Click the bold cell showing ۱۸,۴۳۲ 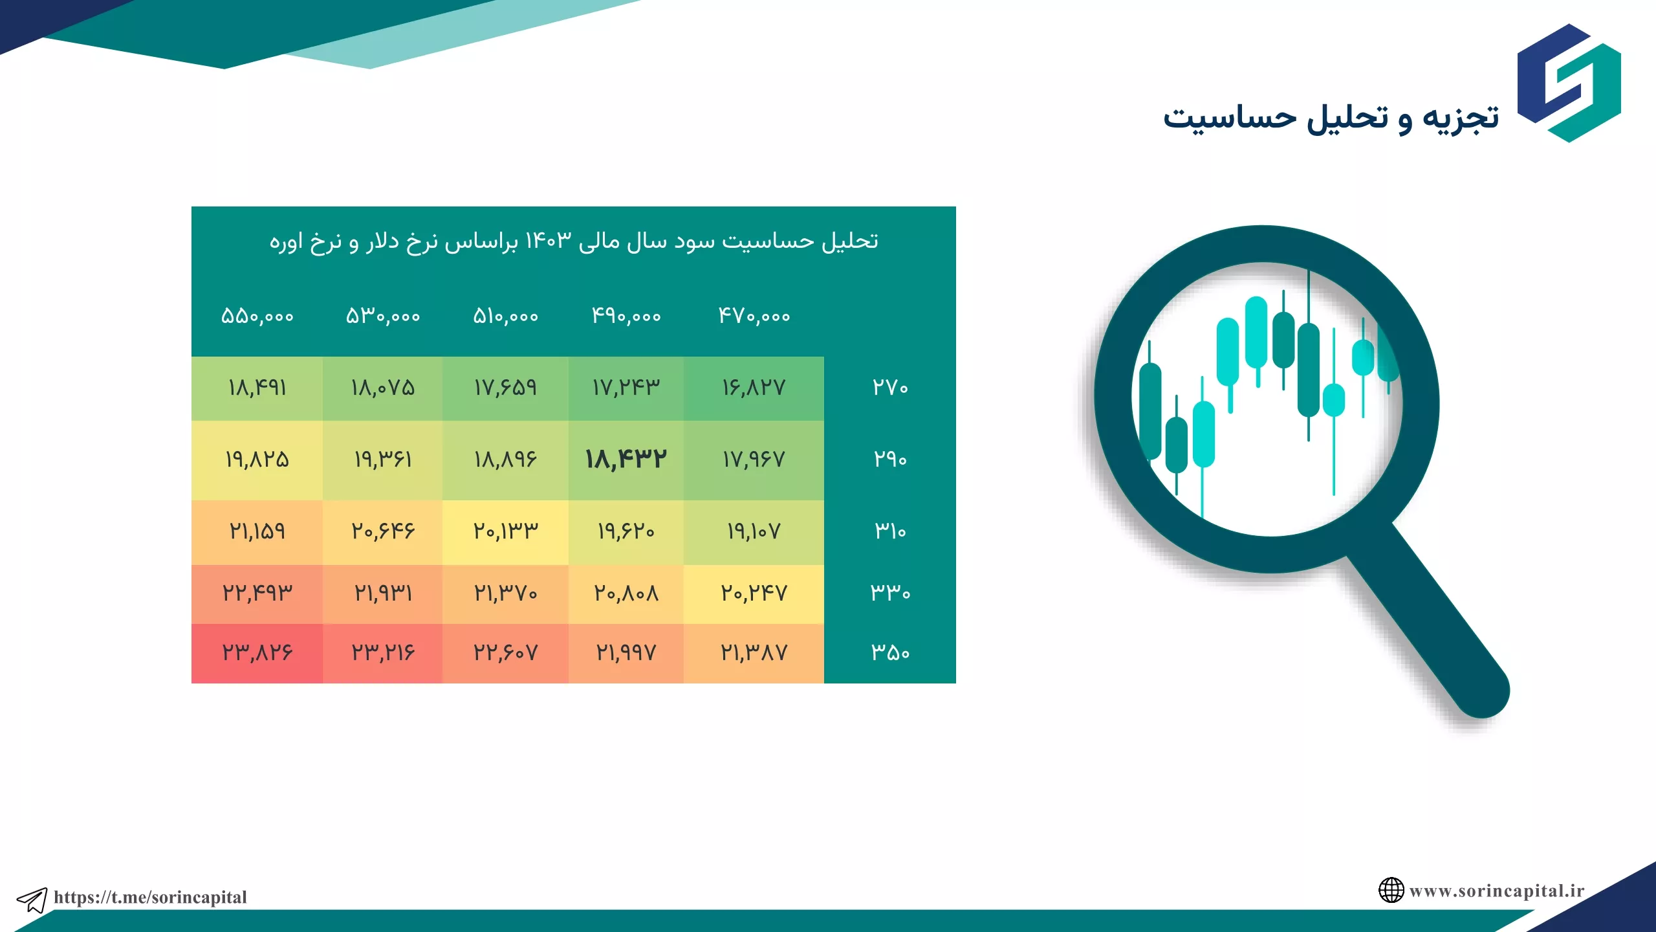tap(626, 460)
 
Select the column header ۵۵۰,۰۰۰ tap(257, 316)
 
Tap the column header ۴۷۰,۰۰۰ tap(754, 316)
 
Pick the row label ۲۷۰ tap(890, 387)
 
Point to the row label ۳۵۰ tap(890, 652)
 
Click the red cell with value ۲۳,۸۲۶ tap(257, 653)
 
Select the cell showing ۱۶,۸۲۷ tap(754, 388)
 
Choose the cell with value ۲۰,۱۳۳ tap(505, 532)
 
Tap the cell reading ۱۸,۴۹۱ tap(257, 388)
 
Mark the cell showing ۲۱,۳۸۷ tap(754, 653)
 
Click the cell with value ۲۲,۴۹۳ tap(257, 594)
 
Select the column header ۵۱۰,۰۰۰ tap(505, 316)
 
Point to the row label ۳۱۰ tap(890, 531)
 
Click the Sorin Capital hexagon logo tap(1569, 83)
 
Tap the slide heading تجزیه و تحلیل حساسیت tap(1331, 118)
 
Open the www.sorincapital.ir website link tap(1497, 891)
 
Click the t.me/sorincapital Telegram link tap(150, 897)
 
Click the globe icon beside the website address tap(1391, 890)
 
